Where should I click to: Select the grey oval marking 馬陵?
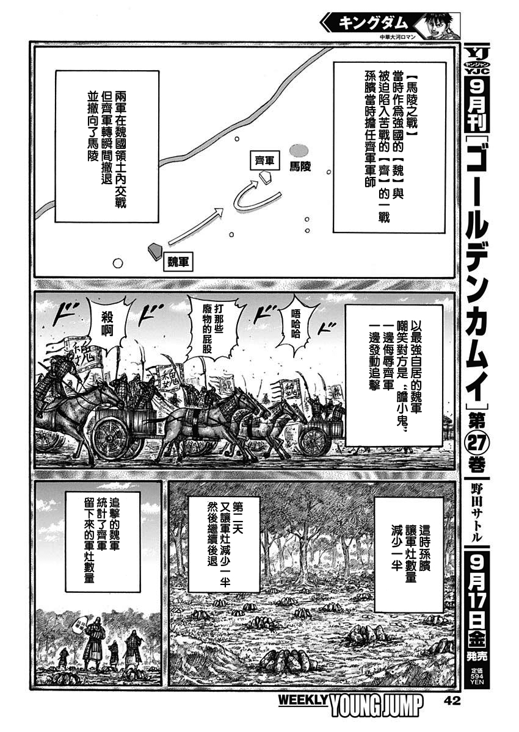tap(299, 149)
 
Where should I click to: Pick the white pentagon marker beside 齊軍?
tap(266, 177)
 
